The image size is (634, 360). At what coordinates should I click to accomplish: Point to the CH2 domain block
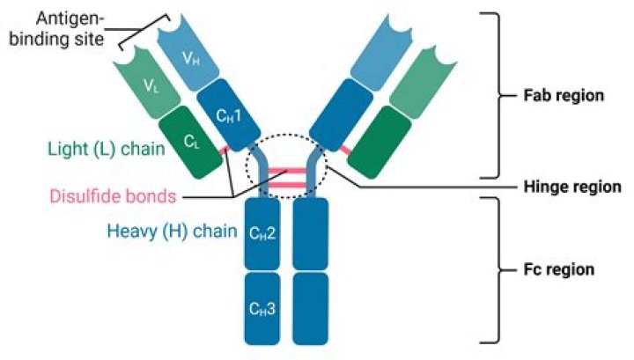tap(263, 232)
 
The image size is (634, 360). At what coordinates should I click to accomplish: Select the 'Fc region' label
tap(555, 269)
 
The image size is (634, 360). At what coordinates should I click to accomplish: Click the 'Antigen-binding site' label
tap(56, 26)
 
